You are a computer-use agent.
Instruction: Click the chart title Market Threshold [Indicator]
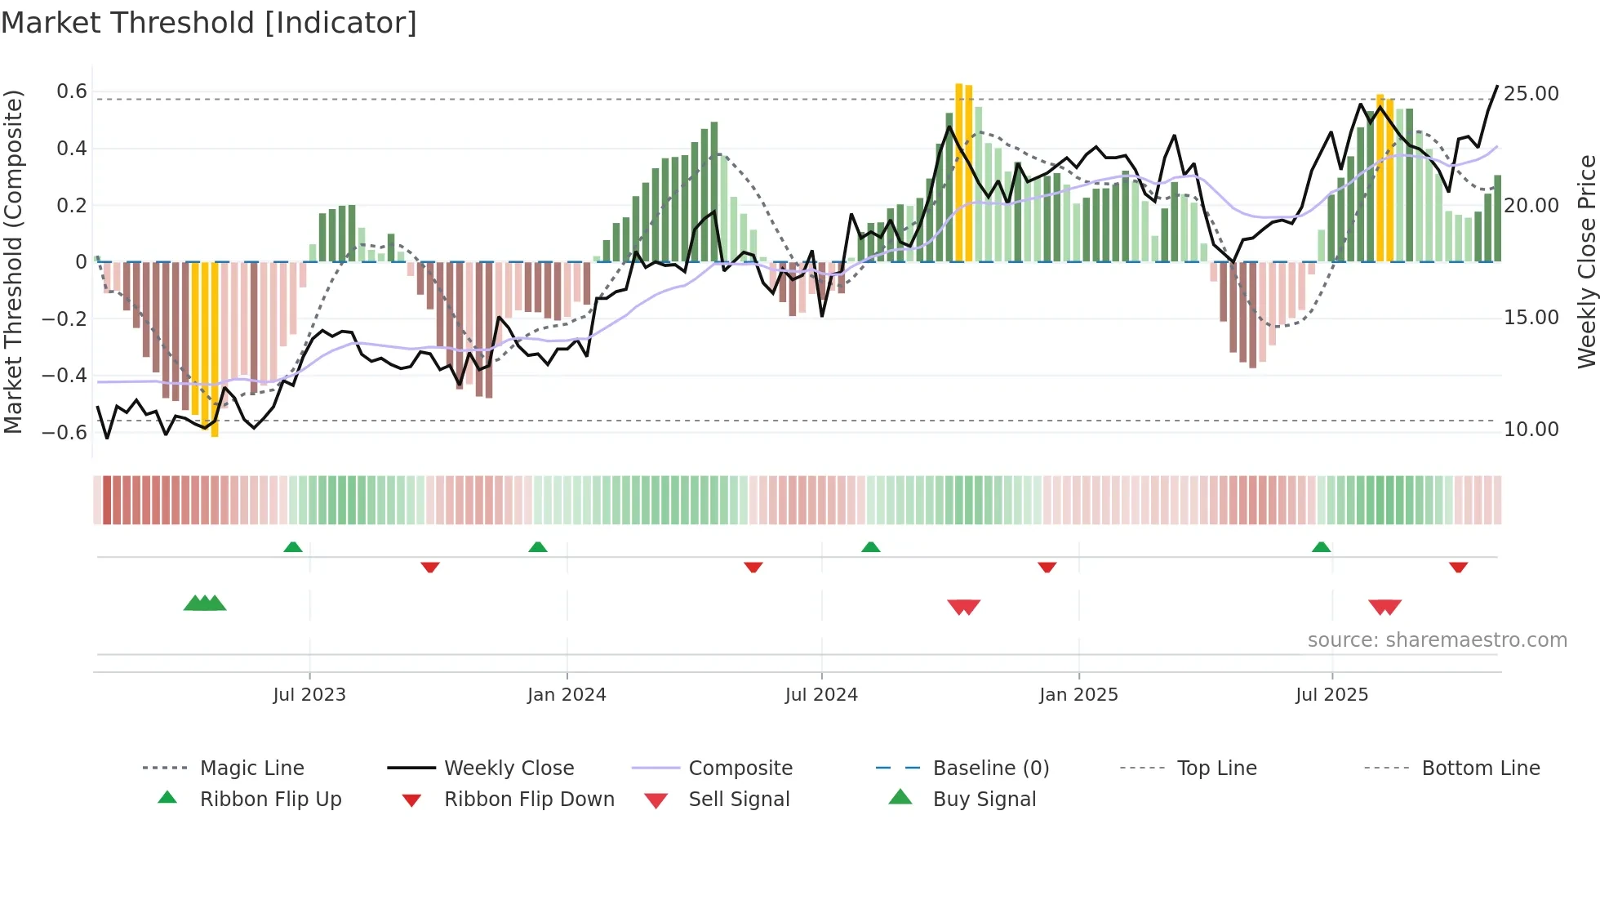[x=209, y=23]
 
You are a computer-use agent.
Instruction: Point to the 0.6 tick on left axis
[x=72, y=91]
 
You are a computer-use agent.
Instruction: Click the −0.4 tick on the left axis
[x=65, y=376]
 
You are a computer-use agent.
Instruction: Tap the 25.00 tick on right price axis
[x=1531, y=94]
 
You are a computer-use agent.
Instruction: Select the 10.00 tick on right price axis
[x=1531, y=430]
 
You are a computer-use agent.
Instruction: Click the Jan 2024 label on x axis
[x=567, y=695]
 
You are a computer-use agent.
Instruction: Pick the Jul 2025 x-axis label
[x=1331, y=695]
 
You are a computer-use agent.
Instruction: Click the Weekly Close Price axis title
[x=1586, y=261]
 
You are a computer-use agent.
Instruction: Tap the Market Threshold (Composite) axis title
[x=13, y=261]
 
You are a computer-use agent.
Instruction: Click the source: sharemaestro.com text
[x=1437, y=640]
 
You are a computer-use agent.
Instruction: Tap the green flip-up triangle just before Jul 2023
[x=293, y=547]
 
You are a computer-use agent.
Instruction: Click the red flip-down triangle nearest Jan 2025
[x=1047, y=567]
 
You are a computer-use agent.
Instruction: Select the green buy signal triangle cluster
[x=204, y=604]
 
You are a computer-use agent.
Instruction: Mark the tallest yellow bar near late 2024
[x=959, y=172]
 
